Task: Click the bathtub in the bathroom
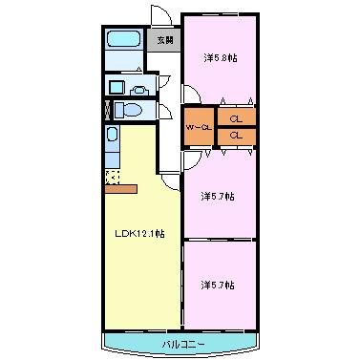124,39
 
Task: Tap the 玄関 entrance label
165,40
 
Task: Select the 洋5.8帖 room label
221,58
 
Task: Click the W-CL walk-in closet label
199,128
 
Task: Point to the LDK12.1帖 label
139,234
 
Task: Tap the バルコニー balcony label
183,344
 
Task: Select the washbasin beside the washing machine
139,91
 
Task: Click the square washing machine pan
116,87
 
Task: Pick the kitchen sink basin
112,134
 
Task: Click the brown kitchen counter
121,189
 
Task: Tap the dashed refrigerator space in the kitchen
113,178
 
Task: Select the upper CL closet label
236,119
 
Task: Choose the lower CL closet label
236,136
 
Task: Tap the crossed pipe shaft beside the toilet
107,110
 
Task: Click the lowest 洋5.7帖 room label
218,285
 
